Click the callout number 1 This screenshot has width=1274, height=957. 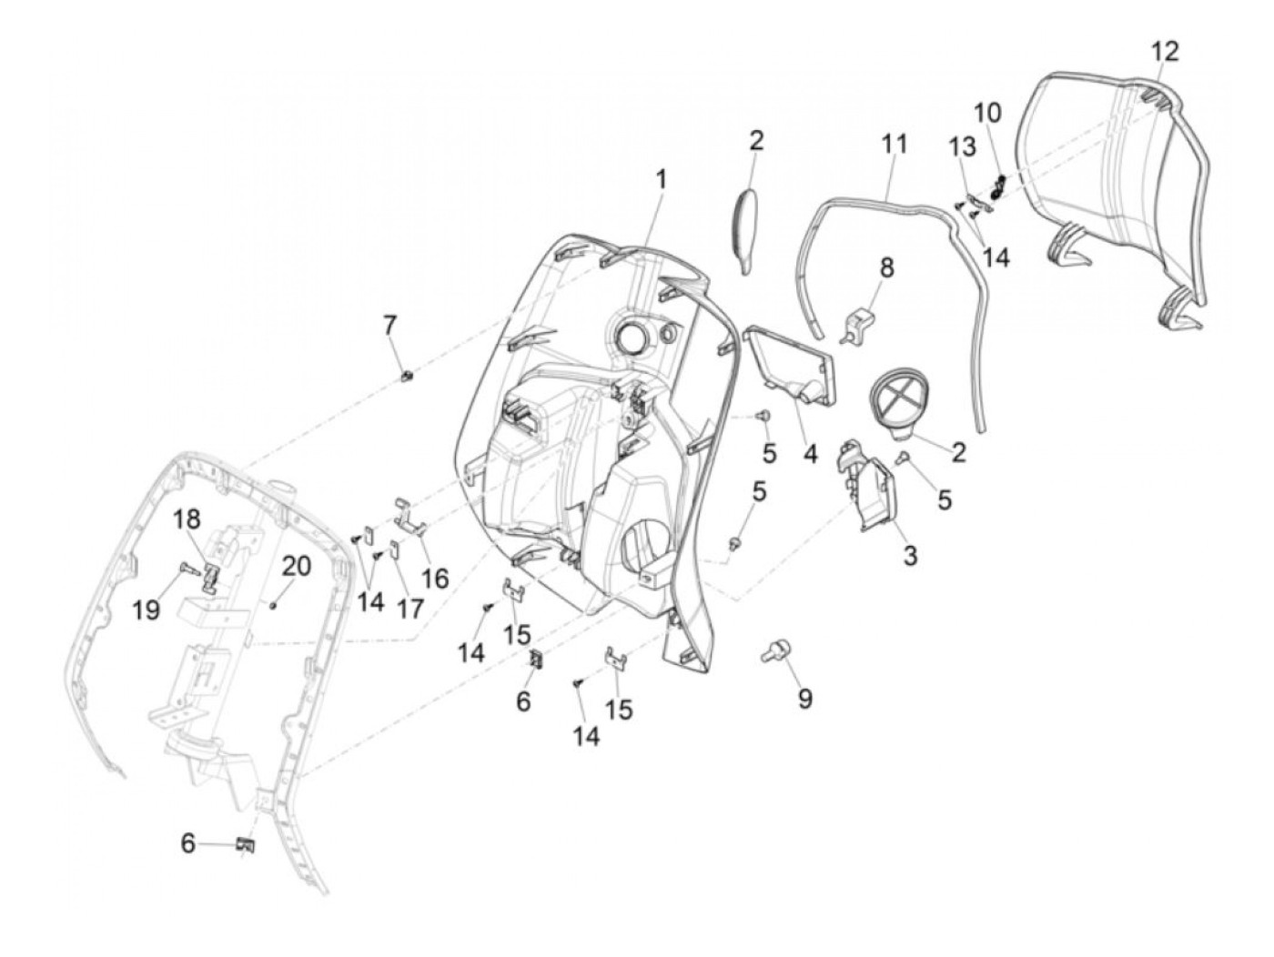click(662, 177)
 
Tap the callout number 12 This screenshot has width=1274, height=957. click(1164, 51)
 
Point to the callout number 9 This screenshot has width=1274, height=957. click(804, 699)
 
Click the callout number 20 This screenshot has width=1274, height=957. click(296, 566)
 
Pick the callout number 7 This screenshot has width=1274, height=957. click(389, 324)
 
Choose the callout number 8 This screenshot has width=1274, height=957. click(885, 267)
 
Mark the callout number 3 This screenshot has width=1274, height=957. click(910, 555)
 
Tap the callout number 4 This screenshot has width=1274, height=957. click(810, 452)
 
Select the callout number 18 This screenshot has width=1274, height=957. click(187, 519)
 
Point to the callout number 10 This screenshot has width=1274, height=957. click(987, 113)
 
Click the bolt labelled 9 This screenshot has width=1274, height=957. click(774, 651)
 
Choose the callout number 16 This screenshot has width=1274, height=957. click(435, 578)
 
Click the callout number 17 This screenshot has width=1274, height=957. click(410, 608)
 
